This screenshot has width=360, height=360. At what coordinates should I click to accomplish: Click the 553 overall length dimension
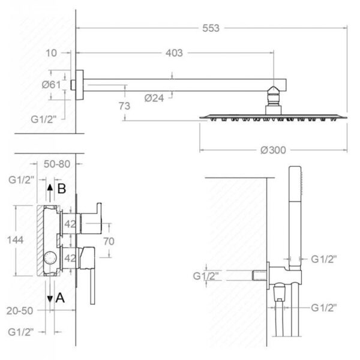(211, 28)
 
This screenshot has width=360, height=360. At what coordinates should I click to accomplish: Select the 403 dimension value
(174, 53)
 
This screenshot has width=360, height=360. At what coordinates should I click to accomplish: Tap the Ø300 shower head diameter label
(273, 150)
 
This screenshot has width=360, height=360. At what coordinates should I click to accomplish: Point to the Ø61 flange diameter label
(51, 85)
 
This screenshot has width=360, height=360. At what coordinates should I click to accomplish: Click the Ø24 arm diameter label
(154, 98)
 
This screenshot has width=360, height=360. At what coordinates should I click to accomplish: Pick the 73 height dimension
(124, 106)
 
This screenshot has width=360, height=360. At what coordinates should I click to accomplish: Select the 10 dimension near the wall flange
(51, 53)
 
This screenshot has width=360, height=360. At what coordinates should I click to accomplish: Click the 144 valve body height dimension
(15, 240)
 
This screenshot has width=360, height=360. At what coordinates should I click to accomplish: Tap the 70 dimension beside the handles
(109, 241)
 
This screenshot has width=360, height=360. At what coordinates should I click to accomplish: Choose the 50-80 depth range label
(57, 164)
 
